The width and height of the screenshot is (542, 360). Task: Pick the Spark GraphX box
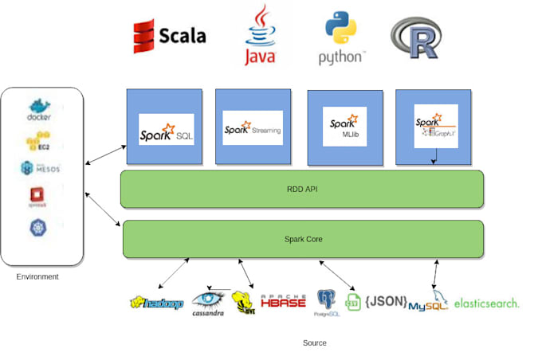435,127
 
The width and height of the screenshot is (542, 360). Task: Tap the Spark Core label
302,239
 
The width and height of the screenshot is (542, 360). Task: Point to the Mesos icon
40,169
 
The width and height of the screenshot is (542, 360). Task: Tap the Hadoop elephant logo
157,303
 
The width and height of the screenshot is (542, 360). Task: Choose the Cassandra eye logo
208,303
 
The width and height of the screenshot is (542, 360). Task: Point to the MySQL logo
428,303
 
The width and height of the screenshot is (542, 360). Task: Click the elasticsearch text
486,303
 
